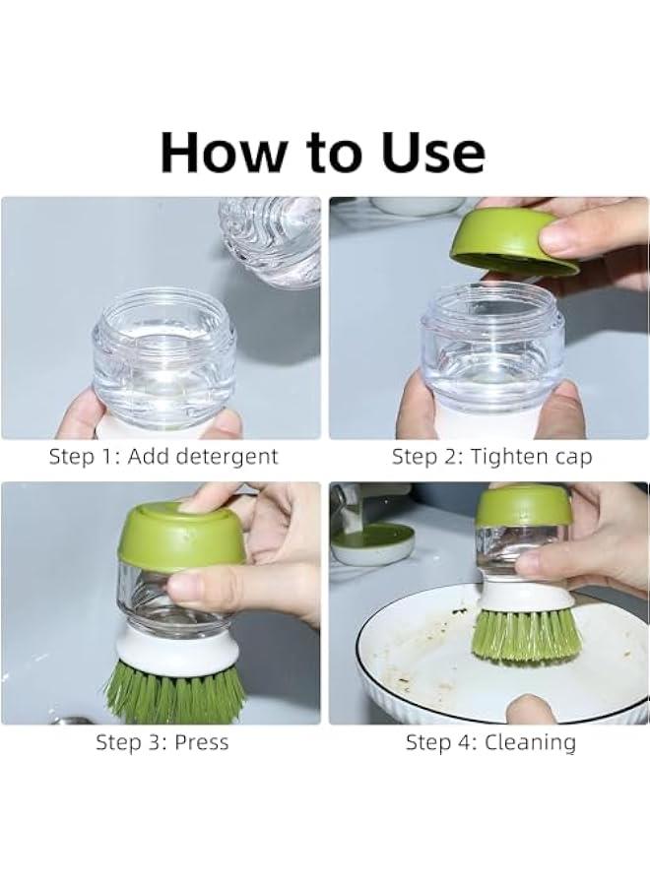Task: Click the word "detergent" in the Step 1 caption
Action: point(227,457)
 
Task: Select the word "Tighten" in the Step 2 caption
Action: point(507,457)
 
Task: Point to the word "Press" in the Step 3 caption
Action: point(202,742)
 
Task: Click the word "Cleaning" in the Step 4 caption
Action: point(530,742)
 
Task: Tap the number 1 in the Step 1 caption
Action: point(110,457)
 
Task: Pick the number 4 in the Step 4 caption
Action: point(465,742)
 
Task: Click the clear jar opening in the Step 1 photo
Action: point(163,315)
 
